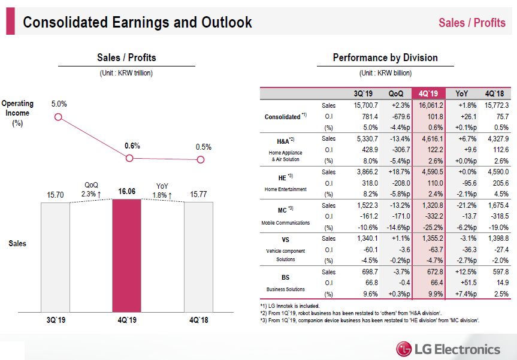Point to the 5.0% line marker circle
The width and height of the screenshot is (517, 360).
point(58,117)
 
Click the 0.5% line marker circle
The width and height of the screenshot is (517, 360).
point(201,159)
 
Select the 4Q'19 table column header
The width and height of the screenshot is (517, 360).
point(429,93)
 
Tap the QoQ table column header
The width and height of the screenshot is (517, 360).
point(395,93)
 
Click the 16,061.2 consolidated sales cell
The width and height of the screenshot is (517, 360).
point(429,105)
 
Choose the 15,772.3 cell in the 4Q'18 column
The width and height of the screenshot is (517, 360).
point(493,105)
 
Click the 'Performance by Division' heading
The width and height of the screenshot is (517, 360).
point(385,58)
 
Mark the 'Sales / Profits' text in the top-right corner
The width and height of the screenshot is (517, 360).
point(472,23)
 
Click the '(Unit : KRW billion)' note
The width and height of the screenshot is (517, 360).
point(385,73)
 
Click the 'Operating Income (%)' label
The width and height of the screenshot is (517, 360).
point(17,113)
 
